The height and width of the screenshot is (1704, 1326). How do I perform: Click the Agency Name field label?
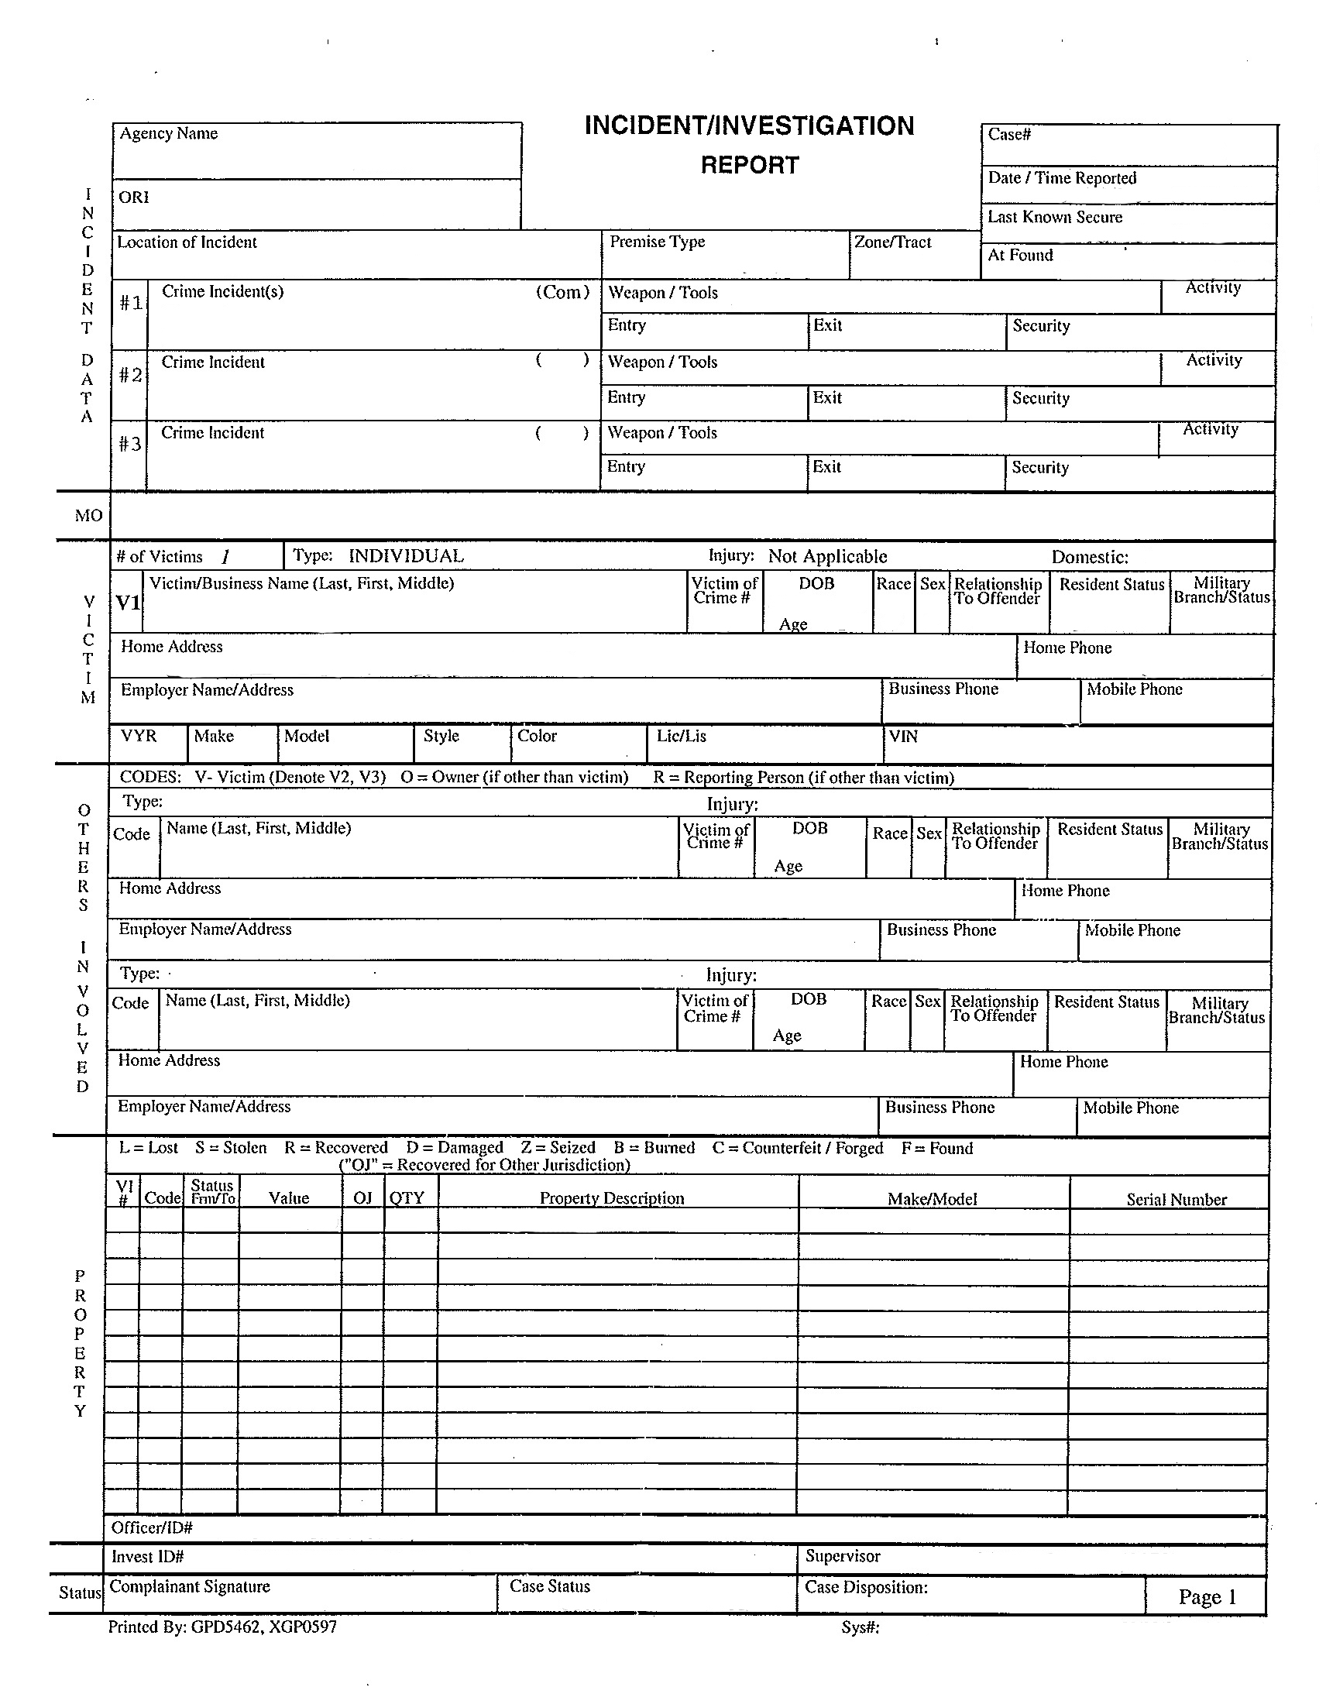[169, 134]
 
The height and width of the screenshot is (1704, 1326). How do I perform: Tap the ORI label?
[133, 198]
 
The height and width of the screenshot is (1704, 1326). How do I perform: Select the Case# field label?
[1009, 135]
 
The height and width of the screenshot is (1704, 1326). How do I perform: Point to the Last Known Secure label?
[1055, 218]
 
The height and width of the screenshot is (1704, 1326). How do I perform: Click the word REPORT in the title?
[750, 166]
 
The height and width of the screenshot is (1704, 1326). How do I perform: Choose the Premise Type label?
[657, 242]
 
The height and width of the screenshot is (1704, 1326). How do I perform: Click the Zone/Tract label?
[892, 242]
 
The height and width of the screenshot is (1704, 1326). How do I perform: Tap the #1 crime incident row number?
[130, 303]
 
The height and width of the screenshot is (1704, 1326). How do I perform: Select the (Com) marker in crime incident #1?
[562, 293]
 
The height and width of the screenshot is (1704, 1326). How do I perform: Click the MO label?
[88, 516]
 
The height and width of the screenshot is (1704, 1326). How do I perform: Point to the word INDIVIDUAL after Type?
[406, 556]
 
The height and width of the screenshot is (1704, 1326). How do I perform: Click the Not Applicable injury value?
[827, 557]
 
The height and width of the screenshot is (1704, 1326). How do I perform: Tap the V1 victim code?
[127, 603]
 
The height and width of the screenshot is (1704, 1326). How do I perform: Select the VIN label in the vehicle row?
[903, 737]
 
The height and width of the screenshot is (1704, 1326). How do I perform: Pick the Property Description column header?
[612, 1198]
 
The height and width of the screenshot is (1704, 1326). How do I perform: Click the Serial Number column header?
[1177, 1200]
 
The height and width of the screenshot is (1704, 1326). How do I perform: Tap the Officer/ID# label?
[151, 1527]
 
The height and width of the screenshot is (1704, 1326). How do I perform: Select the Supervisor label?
[843, 1557]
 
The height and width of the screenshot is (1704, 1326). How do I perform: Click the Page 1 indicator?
[1207, 1597]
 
